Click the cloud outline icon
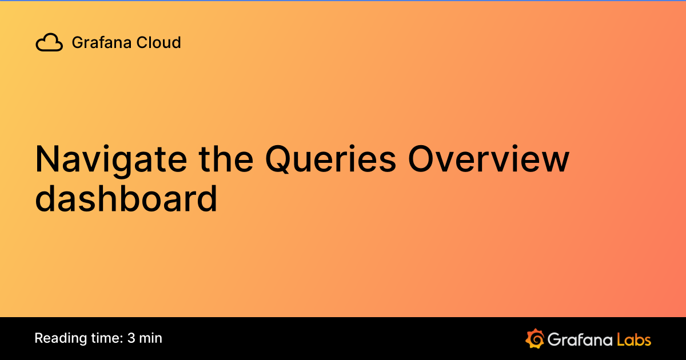click(x=49, y=43)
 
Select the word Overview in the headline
click(x=488, y=160)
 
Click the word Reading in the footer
click(x=57, y=338)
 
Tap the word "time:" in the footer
click(x=103, y=338)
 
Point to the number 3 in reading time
click(x=131, y=338)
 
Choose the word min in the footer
click(x=151, y=338)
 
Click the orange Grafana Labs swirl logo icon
click(x=534, y=338)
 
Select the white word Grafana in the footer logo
click(x=579, y=339)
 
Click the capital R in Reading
click(x=39, y=338)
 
